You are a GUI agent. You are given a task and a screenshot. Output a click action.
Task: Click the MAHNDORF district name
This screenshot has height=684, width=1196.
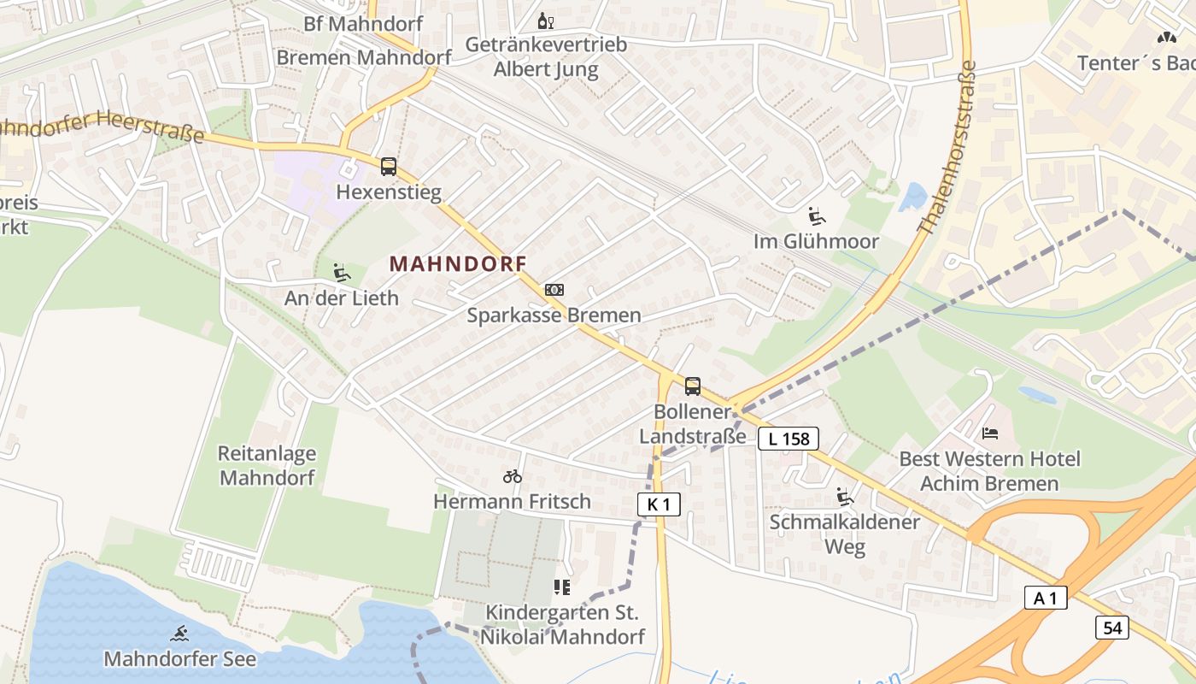pos(458,263)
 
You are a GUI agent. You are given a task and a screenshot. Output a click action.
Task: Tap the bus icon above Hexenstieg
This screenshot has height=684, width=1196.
pos(389,167)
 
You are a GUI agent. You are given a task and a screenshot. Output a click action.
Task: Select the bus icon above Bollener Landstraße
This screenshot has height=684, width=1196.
pos(693,386)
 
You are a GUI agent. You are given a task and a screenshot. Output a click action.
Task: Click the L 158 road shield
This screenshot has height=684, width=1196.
pos(788,439)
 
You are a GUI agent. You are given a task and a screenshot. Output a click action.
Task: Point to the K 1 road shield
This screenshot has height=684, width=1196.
pos(659,504)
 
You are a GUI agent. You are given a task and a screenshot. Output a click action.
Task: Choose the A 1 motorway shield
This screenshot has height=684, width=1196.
pos(1046,598)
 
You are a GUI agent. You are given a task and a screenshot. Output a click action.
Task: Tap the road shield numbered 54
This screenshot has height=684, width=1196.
pos(1112,628)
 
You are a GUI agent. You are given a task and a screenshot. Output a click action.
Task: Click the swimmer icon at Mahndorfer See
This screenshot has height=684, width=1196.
pos(179,634)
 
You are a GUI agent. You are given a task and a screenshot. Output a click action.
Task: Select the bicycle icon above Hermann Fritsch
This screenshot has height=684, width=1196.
pos(513,476)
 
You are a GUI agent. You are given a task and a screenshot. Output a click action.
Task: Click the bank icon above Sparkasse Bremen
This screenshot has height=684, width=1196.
pos(554,290)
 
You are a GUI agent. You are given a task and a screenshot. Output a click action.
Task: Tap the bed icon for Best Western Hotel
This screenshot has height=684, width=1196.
pos(990,433)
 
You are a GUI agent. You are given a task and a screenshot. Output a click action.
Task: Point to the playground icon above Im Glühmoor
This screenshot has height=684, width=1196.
pos(817,215)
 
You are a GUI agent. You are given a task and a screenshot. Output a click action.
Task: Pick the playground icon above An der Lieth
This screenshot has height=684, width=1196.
pos(342,272)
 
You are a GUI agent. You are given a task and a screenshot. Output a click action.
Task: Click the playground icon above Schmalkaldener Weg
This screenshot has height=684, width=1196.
pos(845,496)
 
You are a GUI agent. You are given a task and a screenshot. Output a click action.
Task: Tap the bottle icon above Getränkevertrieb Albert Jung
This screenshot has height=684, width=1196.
pos(545,21)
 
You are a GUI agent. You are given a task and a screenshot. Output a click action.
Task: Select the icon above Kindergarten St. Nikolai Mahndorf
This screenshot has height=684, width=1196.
pos(561,587)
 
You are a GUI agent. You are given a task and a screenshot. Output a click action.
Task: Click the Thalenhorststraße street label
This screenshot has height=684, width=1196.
pos(946,147)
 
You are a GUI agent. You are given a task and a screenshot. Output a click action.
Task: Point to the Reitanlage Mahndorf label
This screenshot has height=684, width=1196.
pos(267,465)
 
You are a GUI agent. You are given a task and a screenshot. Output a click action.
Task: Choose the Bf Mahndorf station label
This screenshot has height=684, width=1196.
pos(363,23)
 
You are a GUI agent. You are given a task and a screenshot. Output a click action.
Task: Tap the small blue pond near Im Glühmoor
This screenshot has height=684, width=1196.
pos(913,197)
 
